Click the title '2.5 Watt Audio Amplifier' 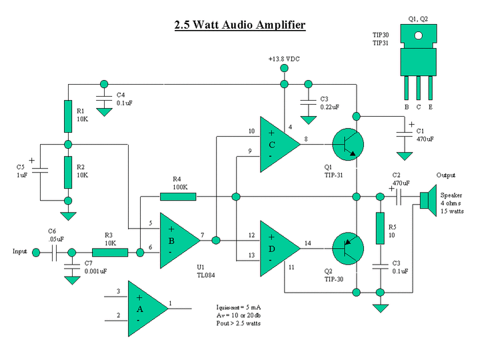[x=239, y=25]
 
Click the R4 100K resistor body [x=178, y=197]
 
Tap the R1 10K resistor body [x=67, y=116]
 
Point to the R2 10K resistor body [x=67, y=173]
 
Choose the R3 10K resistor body [x=109, y=253]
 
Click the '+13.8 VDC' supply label [x=284, y=59]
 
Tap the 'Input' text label [x=20, y=251]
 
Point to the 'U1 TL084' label [x=205, y=271]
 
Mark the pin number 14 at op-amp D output [x=307, y=243]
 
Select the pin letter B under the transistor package [x=406, y=106]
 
